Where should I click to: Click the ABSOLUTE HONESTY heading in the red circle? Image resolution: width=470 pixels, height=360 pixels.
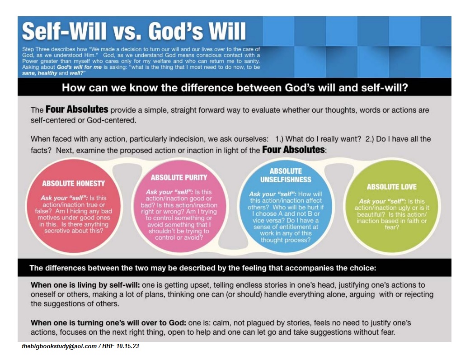pos(73,183)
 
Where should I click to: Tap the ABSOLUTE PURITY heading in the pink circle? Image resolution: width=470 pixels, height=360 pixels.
pos(179,178)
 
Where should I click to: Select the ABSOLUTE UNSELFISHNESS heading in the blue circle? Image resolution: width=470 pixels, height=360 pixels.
pos(286,175)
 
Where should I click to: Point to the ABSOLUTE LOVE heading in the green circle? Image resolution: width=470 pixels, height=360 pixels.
pos(391,187)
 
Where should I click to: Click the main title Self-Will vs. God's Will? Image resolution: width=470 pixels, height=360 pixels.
pos(134,31)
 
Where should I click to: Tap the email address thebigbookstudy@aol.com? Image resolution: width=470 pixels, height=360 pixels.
pos(59,346)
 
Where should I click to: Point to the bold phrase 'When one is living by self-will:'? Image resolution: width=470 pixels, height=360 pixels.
pos(85,285)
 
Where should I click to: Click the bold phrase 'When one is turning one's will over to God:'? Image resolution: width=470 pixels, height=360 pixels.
pos(108,323)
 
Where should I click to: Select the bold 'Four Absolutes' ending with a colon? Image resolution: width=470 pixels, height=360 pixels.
pos(294,149)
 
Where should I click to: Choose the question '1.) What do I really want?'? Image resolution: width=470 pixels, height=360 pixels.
pos(318,139)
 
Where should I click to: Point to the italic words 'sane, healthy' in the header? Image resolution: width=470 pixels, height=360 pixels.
pos(40,73)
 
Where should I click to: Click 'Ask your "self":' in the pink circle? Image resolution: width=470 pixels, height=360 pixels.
pos(169,192)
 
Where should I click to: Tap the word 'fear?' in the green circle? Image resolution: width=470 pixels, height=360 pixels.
pos(392,227)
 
